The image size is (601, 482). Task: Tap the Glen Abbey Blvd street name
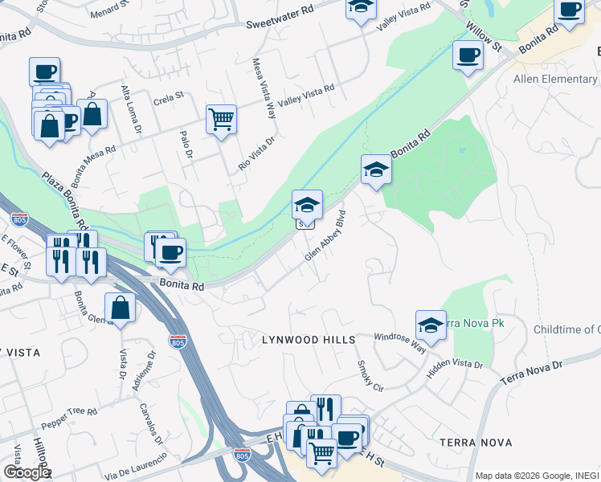(325, 235)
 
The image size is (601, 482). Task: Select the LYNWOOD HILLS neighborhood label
(309, 341)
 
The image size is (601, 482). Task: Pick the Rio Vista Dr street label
(256, 153)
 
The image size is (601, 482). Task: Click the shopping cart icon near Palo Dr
(221, 120)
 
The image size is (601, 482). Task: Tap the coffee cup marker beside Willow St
(468, 56)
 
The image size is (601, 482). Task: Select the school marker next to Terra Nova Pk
(431, 326)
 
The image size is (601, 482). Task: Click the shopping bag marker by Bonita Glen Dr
(120, 308)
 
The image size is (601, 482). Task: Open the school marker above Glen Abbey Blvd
(307, 206)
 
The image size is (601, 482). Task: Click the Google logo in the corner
(26, 472)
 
